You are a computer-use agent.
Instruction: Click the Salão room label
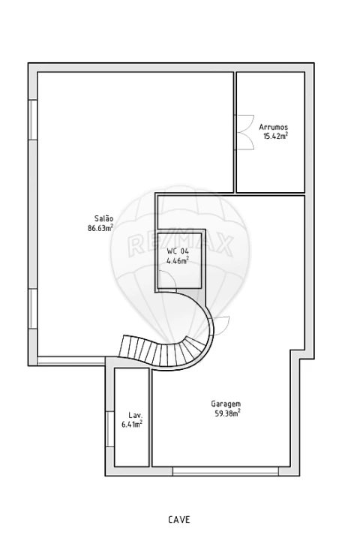[103, 219]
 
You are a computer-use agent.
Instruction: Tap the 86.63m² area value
[100, 228]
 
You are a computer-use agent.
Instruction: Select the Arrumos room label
[273, 127]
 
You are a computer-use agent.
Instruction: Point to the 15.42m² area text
[275, 136]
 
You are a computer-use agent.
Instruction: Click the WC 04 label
[178, 251]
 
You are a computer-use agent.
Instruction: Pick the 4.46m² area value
[178, 260]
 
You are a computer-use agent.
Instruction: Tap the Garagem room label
[226, 404]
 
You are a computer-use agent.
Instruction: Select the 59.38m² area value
[227, 413]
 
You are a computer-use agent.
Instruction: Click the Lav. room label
[135, 415]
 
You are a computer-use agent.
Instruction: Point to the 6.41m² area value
[131, 424]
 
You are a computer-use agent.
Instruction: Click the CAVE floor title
[179, 520]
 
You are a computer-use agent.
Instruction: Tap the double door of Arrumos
[244, 133]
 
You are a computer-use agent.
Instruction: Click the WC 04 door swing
[167, 279]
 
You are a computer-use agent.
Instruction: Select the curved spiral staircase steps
[164, 350]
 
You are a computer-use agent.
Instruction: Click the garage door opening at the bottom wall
[225, 471]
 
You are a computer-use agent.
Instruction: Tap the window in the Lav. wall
[110, 429]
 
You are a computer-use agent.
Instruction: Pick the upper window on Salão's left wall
[33, 120]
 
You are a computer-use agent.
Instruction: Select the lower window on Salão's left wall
[33, 308]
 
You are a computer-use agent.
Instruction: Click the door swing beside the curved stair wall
[220, 325]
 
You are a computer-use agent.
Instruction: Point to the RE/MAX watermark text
[180, 245]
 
